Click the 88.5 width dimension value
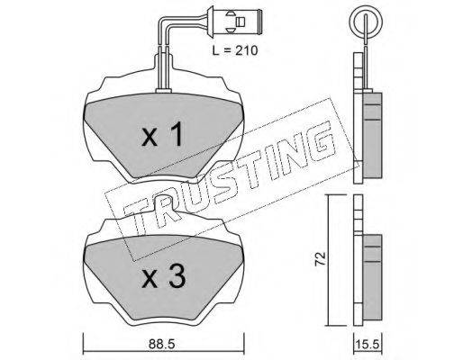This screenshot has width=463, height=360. coord(161,344)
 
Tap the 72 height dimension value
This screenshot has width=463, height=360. coord(321,259)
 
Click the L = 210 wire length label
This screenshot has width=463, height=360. coord(235,50)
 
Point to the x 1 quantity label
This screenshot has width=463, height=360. coord(162,134)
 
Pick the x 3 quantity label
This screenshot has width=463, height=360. coord(164,277)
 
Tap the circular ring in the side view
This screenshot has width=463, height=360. coord(366,22)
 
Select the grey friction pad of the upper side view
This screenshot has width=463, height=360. coord(372,135)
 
